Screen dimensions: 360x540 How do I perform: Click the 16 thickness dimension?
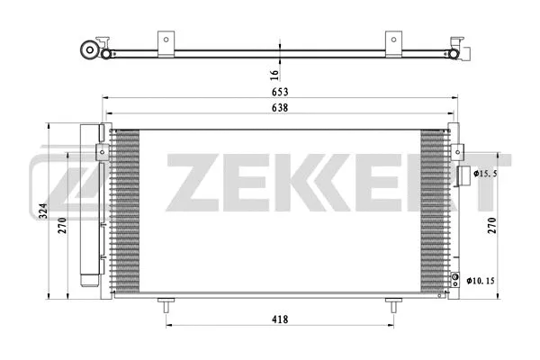pyautogui.click(x=274, y=72)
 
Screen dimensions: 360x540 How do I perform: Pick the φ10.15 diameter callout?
pyautogui.click(x=482, y=281)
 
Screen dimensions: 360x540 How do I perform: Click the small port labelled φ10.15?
pyautogui.click(x=456, y=279)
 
